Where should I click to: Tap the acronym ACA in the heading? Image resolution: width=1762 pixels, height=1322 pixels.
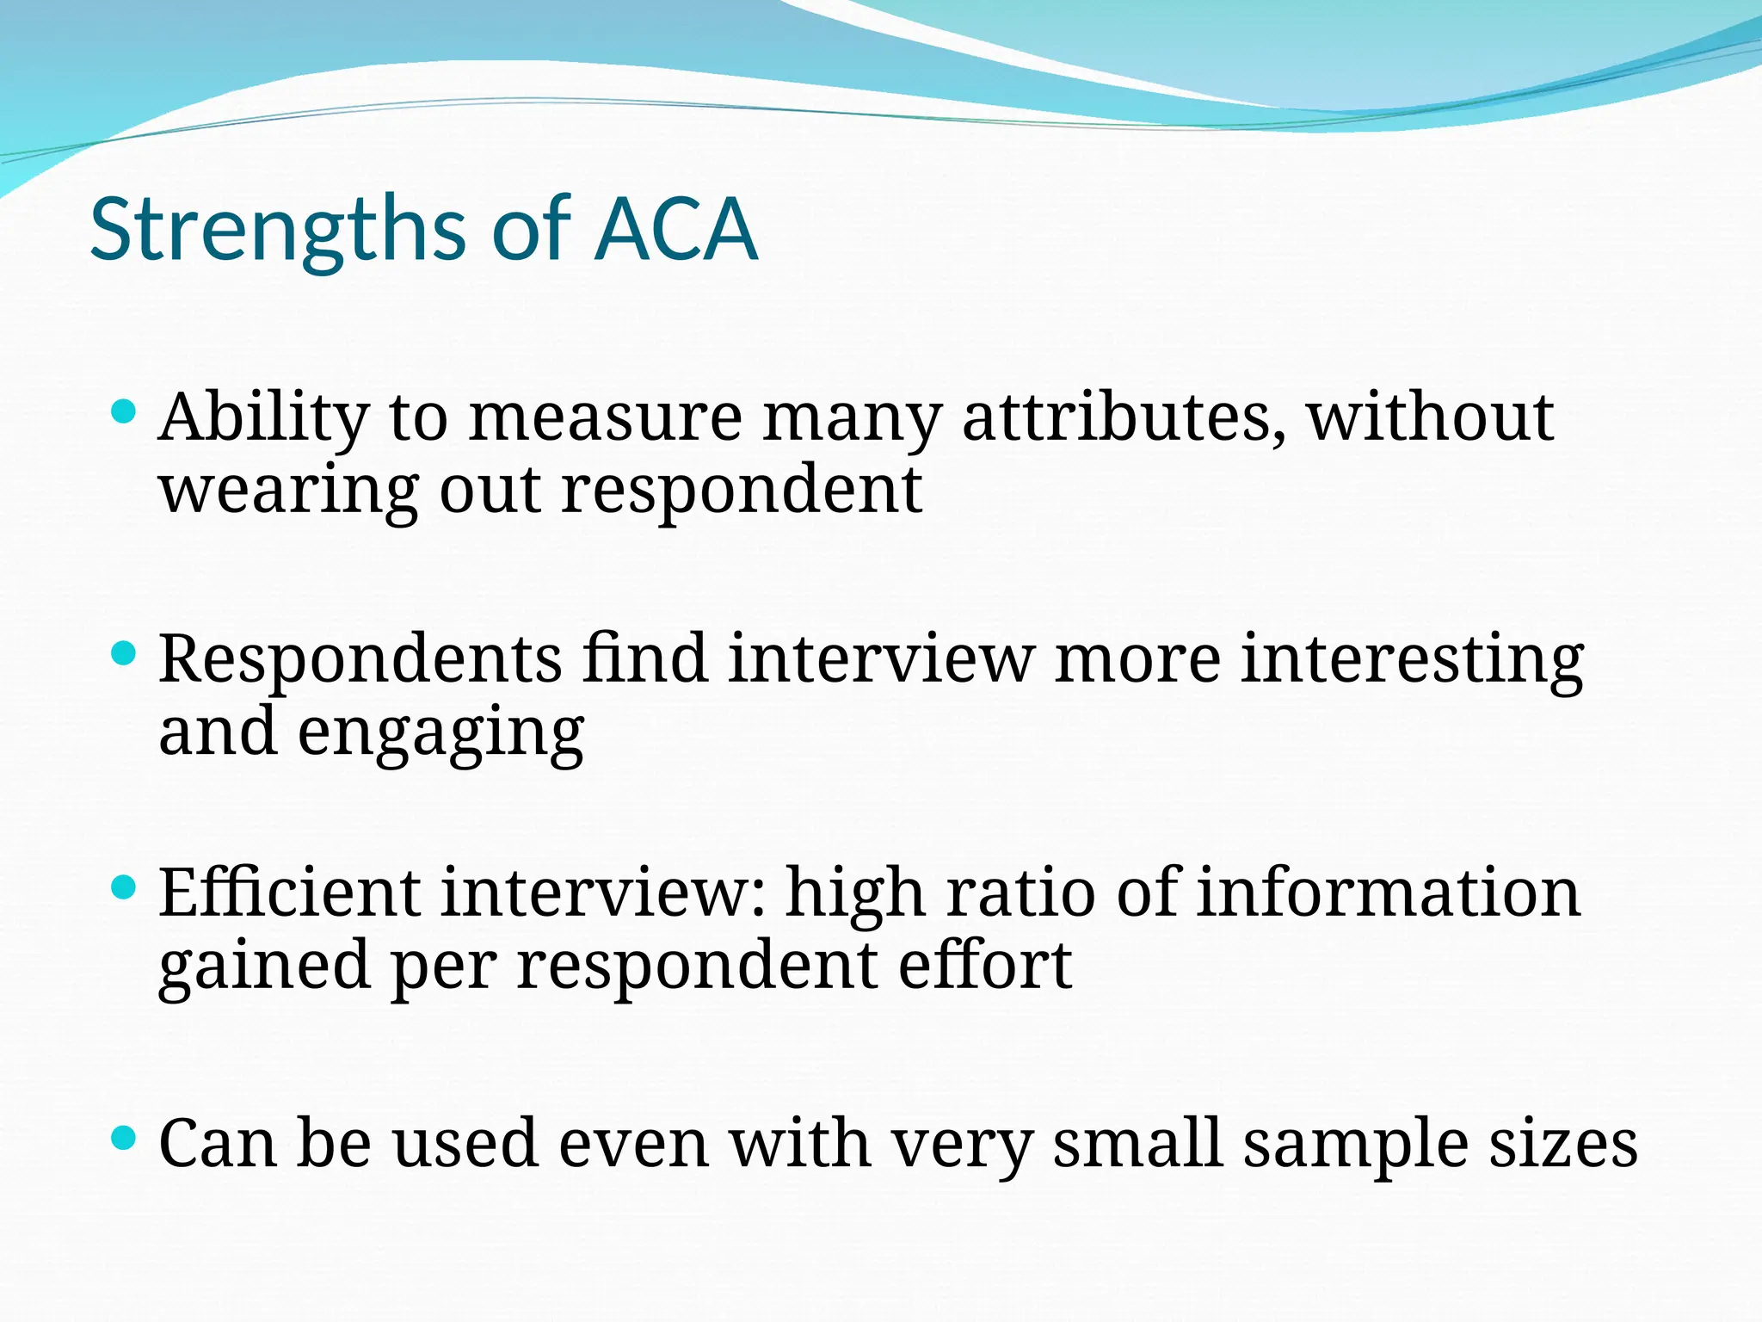pos(676,231)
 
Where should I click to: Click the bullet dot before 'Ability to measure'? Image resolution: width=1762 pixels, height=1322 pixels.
pos(125,412)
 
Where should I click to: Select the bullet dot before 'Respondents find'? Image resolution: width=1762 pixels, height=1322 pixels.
pos(125,654)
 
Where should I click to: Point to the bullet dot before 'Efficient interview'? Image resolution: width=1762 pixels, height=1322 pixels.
pos(125,887)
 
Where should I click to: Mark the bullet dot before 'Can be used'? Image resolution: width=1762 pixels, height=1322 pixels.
pos(125,1139)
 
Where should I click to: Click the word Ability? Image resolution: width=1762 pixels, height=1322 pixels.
pos(264,418)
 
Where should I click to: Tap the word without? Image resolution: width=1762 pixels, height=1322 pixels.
pos(1430,417)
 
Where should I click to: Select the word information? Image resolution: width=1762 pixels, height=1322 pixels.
pos(1388,893)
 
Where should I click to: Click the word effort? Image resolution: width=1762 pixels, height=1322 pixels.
pos(985,966)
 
